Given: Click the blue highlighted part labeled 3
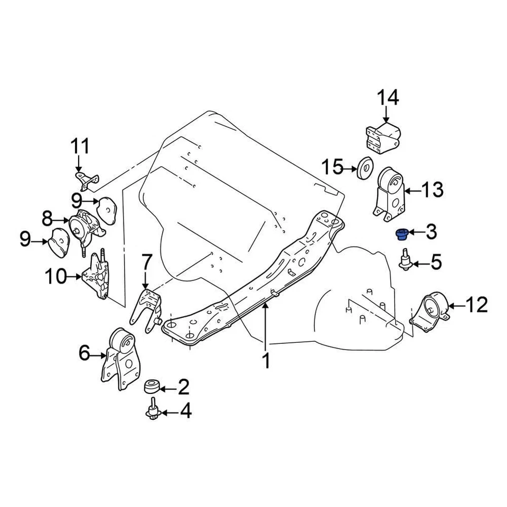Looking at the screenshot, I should (x=401, y=232).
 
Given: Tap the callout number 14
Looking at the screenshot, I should (x=388, y=98).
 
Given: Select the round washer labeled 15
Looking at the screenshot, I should (x=364, y=169).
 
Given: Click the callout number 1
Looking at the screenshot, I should (x=266, y=361).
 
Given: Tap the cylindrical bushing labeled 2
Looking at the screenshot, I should (x=152, y=387).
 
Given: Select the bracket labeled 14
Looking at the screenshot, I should (x=383, y=138).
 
